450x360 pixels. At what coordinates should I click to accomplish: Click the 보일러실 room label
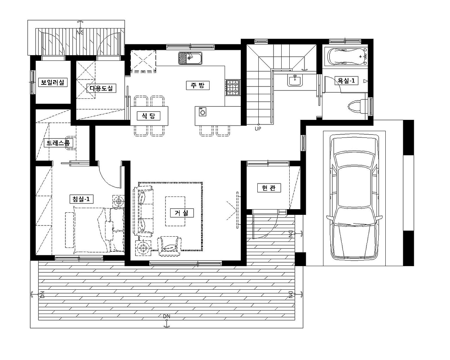point(53,82)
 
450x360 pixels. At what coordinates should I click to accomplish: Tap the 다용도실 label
point(101,88)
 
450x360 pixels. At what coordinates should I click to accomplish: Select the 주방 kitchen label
point(198,85)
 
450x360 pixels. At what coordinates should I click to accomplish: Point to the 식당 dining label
point(148,116)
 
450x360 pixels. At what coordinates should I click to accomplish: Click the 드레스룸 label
point(58,143)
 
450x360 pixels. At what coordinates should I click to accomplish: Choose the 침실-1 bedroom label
point(81,199)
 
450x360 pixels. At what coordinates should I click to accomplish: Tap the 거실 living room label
point(182,213)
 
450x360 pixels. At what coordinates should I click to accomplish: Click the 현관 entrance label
point(269,188)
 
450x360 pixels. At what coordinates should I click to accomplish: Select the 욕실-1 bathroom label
point(346,81)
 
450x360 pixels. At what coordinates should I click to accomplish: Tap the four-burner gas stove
point(232,88)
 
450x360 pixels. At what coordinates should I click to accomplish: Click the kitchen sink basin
point(190,58)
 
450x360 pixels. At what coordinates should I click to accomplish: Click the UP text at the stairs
point(258,129)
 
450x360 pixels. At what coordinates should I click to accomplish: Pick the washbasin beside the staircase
point(295,80)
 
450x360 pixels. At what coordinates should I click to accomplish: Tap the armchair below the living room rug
point(169,246)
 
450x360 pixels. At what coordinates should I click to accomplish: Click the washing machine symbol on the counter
point(202,112)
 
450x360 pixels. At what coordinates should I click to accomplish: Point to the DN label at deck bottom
point(167,316)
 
